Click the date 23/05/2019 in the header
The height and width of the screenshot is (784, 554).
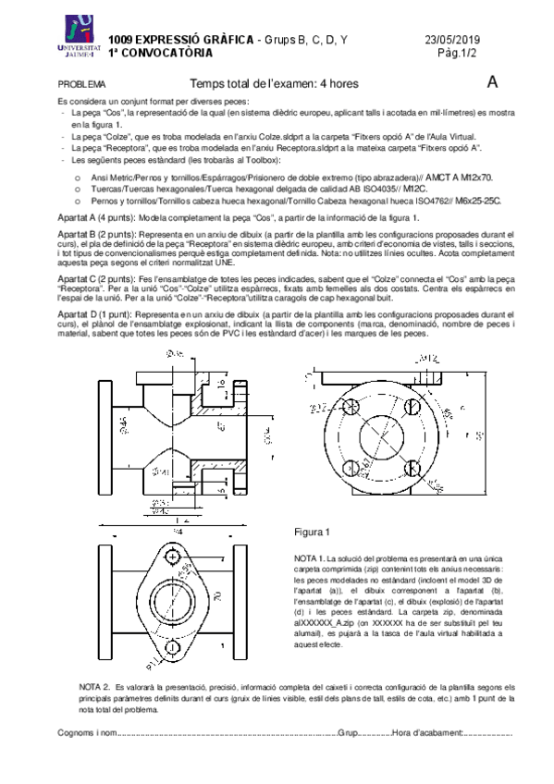(452, 40)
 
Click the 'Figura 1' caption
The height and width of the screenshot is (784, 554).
(312, 533)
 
